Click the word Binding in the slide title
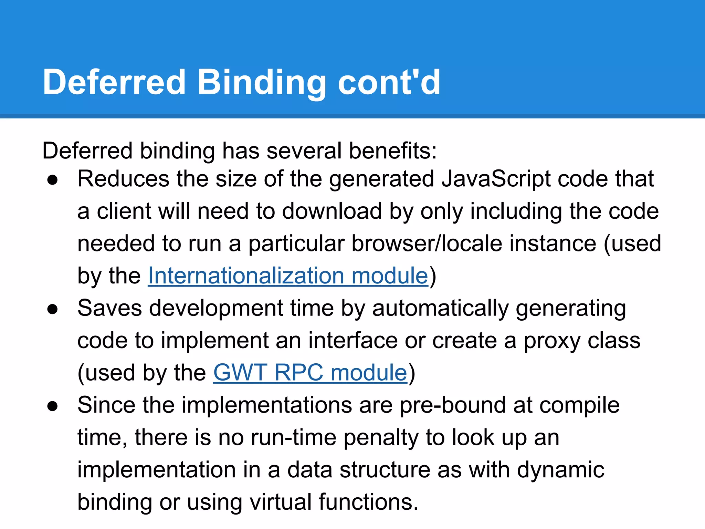pos(261,83)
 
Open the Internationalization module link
pos(288,276)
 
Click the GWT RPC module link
pos(310,373)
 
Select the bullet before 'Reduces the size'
pos(53,180)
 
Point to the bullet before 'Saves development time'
pos(53,309)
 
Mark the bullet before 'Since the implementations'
pos(53,406)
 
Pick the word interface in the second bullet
pos(352,341)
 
